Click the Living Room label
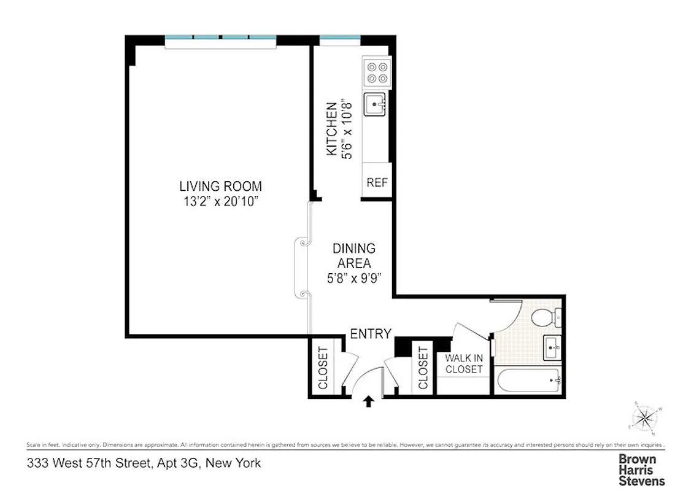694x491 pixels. point(220,186)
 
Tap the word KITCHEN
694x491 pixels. point(331,128)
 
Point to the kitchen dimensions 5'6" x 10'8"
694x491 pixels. point(348,128)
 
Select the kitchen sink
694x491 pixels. point(375,105)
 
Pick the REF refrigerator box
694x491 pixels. point(376,182)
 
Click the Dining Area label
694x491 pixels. point(354,256)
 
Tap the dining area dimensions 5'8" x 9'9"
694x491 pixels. point(354,278)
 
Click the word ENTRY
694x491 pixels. point(370,334)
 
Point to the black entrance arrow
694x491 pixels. point(368,402)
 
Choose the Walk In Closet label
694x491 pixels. point(463,364)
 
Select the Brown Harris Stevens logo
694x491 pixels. point(641,470)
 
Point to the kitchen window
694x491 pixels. point(340,40)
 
